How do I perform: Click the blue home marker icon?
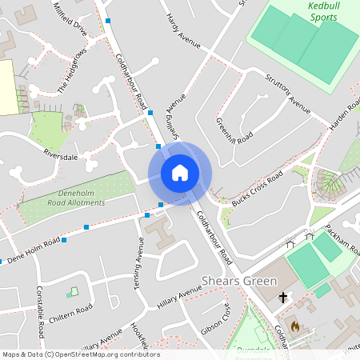pos(180,173)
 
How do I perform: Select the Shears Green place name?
pos(239,281)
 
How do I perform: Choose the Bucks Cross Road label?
pos(257,188)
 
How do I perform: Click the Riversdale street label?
pos(61,156)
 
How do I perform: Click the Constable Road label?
pos(39,313)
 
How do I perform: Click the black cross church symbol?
pos(282,298)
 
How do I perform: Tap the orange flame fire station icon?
pos(294,326)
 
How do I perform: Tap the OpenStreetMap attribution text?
pos(80,354)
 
